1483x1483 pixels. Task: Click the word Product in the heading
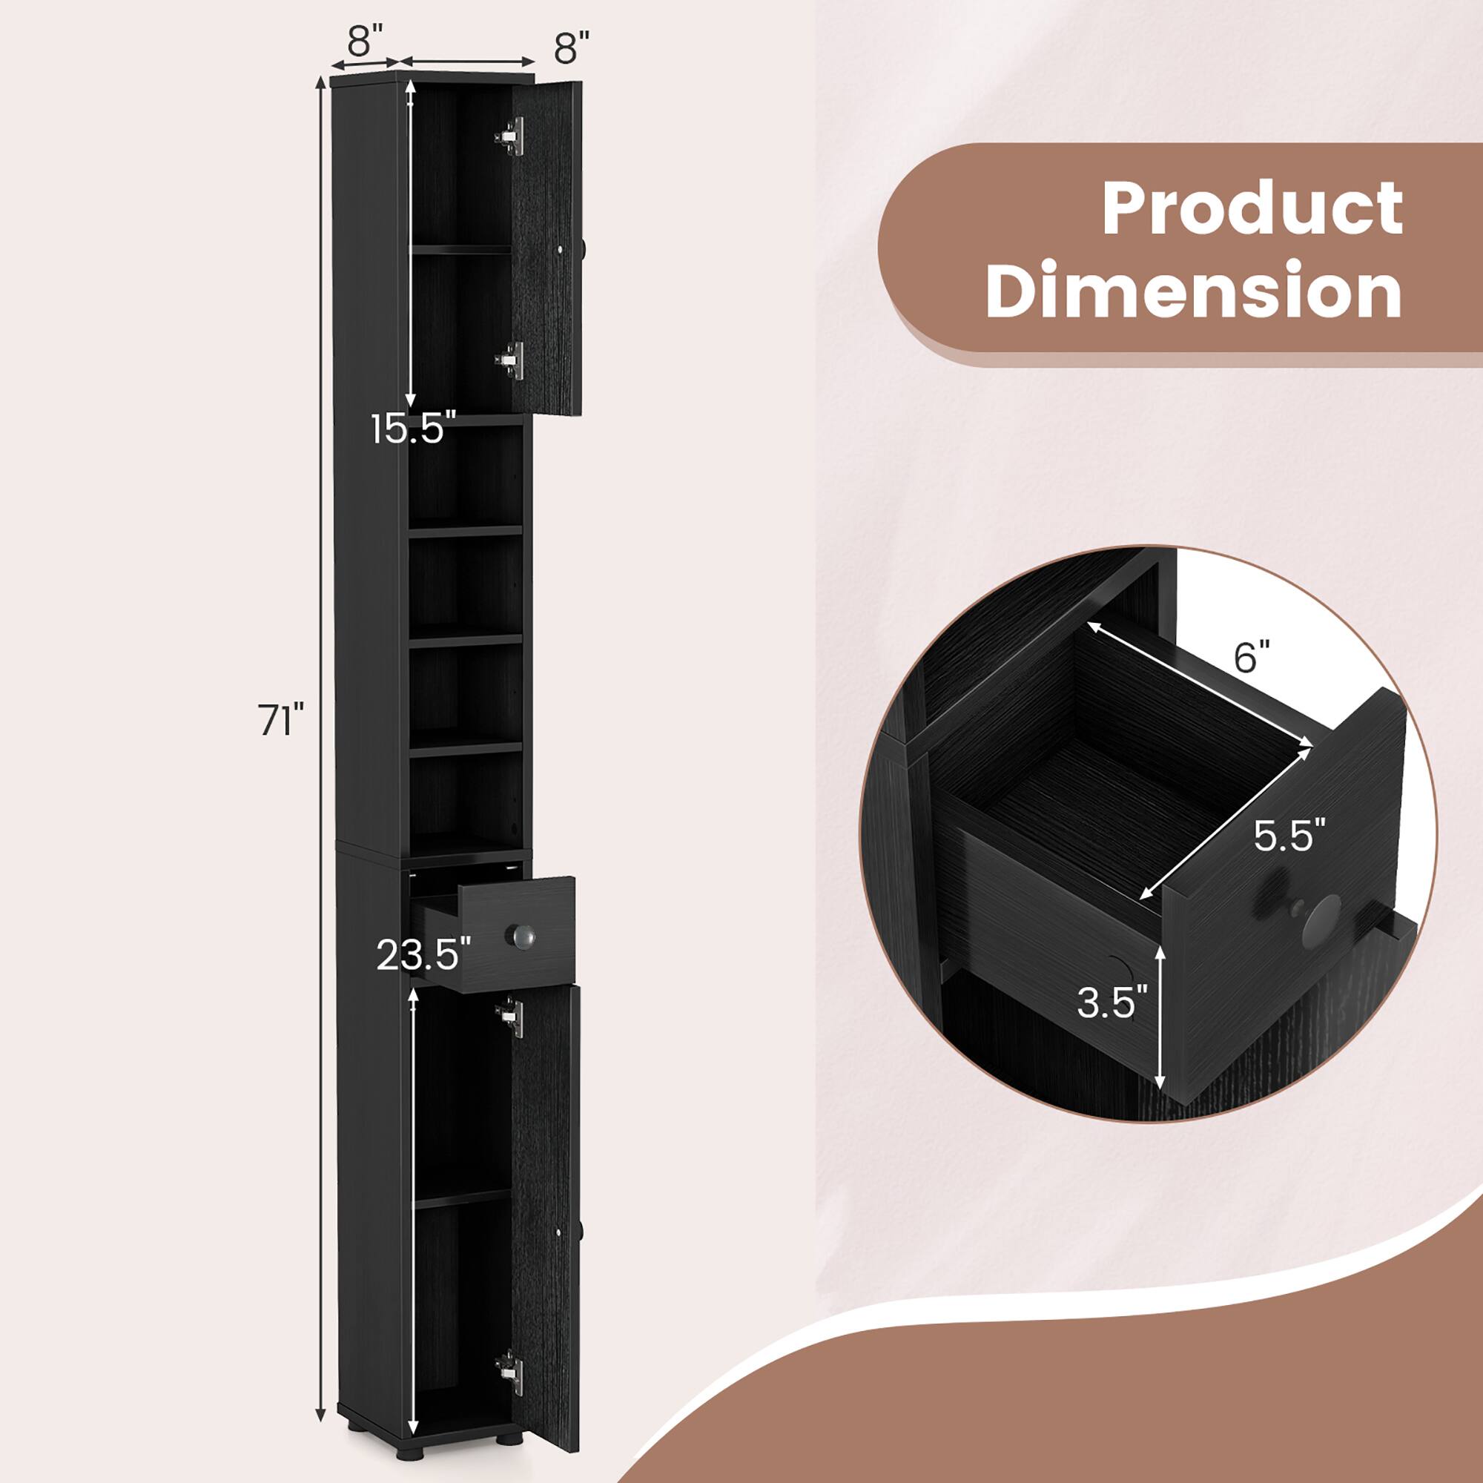[1252, 209]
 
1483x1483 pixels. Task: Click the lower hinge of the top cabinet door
[510, 358]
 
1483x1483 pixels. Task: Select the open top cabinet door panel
[546, 247]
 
